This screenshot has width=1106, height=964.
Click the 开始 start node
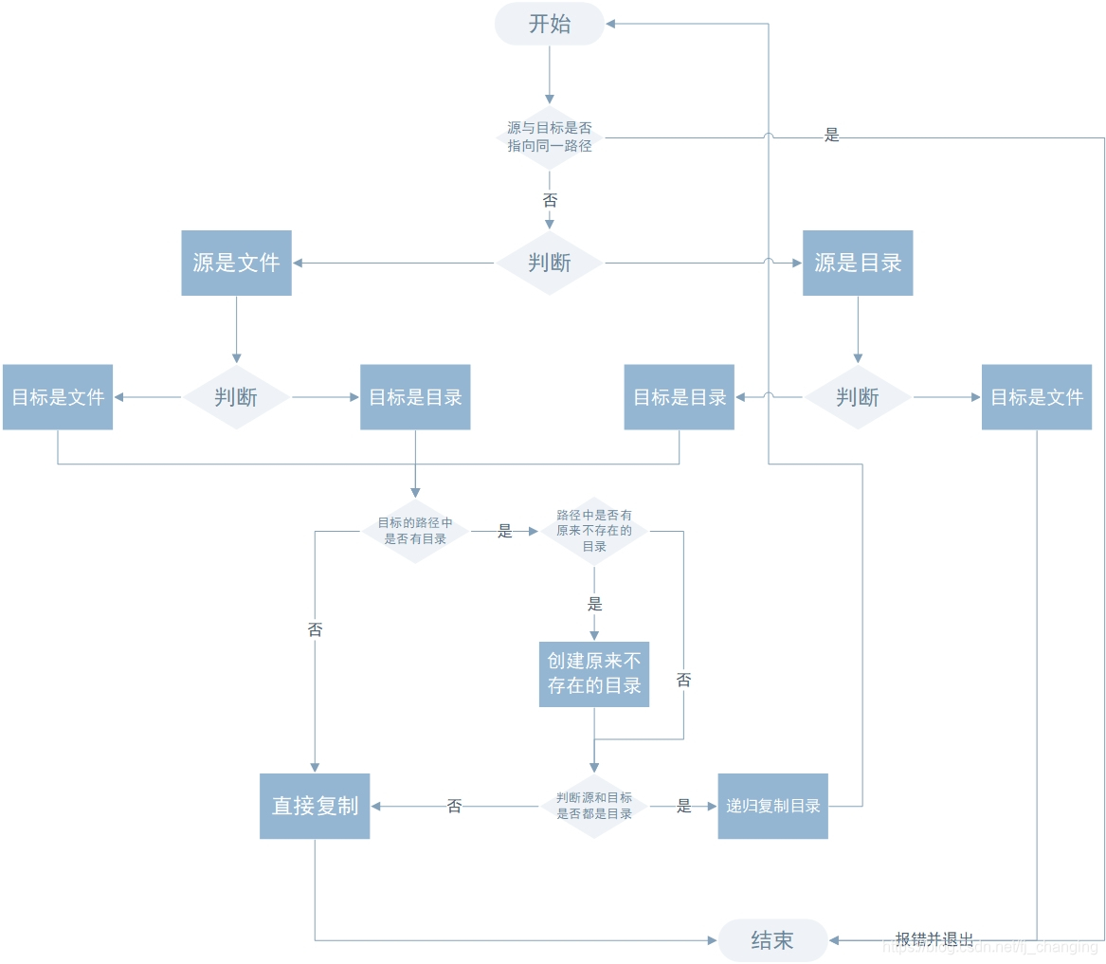(549, 24)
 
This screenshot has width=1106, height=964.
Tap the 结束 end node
(772, 940)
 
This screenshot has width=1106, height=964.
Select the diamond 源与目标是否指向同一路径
(549, 137)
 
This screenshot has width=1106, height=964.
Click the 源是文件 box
(236, 263)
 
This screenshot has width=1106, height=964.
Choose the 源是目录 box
(858, 263)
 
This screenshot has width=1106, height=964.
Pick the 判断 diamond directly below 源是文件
(236, 397)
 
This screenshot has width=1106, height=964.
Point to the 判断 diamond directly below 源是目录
(858, 397)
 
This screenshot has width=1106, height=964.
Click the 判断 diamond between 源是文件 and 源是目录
(549, 263)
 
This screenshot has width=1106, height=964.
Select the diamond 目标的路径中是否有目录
(415, 531)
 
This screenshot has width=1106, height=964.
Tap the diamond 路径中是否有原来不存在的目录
(594, 531)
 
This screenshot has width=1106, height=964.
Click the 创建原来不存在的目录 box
(594, 672)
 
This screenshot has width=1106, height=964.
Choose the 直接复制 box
(315, 806)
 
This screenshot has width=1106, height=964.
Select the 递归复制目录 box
(772, 806)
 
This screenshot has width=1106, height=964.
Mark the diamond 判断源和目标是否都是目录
(594, 806)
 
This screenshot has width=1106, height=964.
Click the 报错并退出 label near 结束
(934, 939)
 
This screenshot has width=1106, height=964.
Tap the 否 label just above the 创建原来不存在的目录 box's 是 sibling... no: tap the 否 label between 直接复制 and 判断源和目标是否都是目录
(454, 807)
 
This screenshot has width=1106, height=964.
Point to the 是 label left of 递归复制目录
(684, 807)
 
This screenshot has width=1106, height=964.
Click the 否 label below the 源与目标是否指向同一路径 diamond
(550, 200)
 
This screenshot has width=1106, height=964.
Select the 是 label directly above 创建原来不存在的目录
(594, 605)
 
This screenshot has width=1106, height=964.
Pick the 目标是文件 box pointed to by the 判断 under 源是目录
(1036, 397)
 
